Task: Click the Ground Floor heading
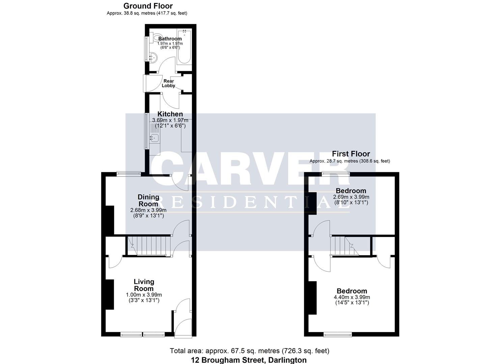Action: point(148,6)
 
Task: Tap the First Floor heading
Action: point(351,154)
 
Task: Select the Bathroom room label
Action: point(170,39)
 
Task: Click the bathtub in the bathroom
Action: point(184,47)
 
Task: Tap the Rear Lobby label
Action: point(168,83)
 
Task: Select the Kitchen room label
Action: point(170,114)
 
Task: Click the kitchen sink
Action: point(155,138)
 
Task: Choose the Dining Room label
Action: point(148,201)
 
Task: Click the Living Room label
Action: point(144,285)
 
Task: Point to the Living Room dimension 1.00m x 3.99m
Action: point(144,295)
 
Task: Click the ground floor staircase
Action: point(149,246)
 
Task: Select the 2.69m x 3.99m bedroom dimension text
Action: point(351,197)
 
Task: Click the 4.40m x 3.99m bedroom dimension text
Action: point(352,297)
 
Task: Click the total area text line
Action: point(249,351)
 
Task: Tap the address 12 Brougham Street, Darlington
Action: point(249,360)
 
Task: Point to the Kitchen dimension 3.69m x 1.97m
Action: point(170,120)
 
